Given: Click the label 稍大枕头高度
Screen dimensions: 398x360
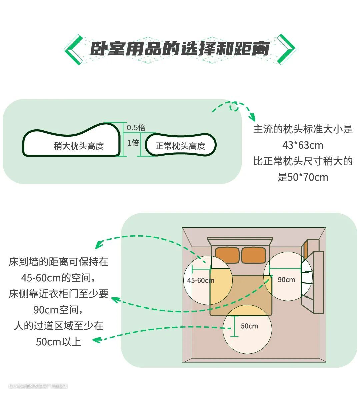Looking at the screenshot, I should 79,146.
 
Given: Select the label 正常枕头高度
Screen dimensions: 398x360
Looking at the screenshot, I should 180,146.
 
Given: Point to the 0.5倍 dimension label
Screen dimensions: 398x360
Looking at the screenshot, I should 136,127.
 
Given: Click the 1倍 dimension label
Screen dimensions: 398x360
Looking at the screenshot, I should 133,143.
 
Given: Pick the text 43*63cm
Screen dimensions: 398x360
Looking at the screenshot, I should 303,145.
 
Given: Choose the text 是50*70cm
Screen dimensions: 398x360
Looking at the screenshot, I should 303,177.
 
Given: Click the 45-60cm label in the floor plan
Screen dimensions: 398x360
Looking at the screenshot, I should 201,280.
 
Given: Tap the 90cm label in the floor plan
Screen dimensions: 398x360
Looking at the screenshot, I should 286,279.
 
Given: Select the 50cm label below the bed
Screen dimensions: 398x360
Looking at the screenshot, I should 249,326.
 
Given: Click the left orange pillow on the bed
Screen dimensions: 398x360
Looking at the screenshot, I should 227,255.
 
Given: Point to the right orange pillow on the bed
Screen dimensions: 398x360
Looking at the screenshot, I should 253,255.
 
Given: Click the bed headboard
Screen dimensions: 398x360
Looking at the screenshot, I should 240,240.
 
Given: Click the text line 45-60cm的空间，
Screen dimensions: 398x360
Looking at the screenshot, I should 59,278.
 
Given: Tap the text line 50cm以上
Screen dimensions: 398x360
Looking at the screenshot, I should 59,342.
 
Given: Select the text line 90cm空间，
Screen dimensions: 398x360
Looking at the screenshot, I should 59,310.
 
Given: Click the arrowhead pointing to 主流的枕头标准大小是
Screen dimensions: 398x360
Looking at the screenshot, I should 252,118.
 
